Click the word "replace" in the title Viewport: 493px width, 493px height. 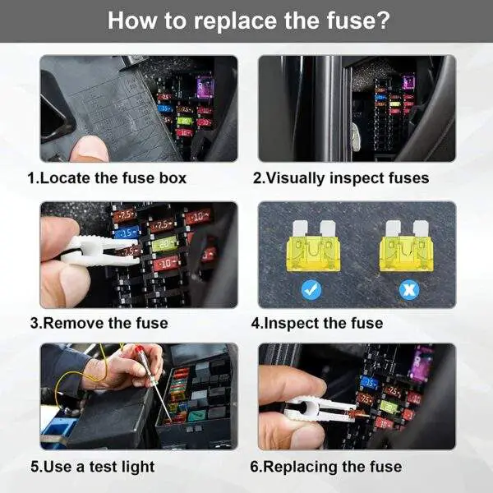[235, 21]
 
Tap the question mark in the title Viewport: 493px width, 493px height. [382, 20]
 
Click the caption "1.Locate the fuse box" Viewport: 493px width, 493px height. [107, 178]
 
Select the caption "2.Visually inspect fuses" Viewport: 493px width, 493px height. [341, 178]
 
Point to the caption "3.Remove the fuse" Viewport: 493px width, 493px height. [99, 323]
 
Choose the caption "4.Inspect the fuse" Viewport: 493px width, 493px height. [317, 324]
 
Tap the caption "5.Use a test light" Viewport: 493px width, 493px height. [93, 467]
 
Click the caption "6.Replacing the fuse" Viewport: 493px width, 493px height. [326, 467]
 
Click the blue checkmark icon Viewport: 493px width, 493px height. [311, 289]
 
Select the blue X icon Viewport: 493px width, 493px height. [409, 289]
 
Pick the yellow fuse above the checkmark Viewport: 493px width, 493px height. [313, 246]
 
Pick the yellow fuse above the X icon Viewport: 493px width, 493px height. [407, 246]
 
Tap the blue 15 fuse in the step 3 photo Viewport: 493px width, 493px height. [127, 233]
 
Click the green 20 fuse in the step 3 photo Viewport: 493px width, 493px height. [164, 244]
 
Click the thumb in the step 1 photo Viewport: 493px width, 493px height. [89, 149]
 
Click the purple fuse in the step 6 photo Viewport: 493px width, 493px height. [422, 362]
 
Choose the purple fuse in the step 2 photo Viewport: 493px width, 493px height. [408, 82]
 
